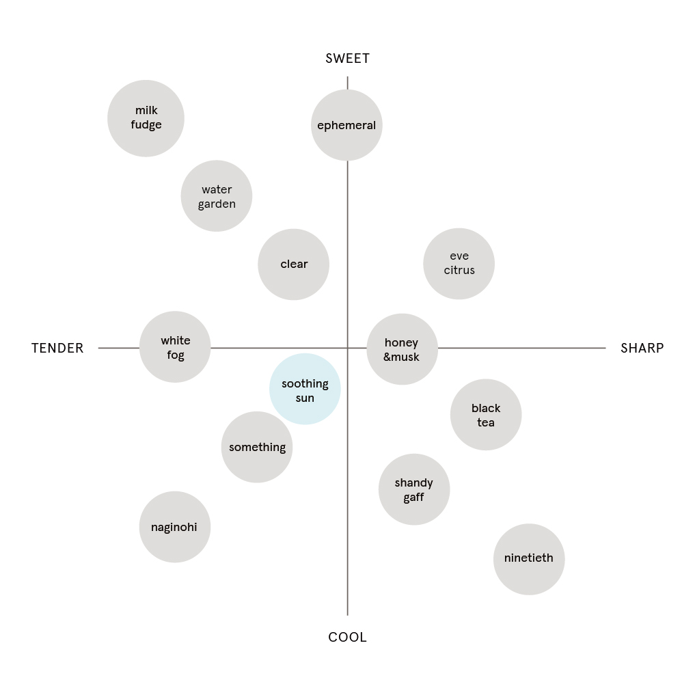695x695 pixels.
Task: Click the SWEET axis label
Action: coord(347,59)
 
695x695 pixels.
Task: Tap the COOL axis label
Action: coord(347,638)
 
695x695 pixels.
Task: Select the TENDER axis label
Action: coord(57,349)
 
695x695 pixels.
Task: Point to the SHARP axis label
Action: coord(642,349)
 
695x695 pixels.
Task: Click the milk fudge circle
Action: coord(146,118)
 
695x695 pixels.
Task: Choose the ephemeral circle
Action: coord(346,125)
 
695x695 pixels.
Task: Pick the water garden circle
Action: coord(217,196)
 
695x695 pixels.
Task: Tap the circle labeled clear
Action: coord(293,264)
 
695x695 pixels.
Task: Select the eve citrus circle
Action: coord(459,264)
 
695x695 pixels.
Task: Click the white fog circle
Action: coord(175,346)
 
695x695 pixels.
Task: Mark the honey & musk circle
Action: coord(402,349)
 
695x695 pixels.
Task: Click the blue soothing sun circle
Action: coord(305,389)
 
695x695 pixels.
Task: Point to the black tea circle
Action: coord(486,414)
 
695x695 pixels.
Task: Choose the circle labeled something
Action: coord(257,447)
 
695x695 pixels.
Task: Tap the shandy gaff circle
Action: coord(414,489)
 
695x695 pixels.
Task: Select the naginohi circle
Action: coord(175,527)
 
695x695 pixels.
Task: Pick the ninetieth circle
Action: coord(529,560)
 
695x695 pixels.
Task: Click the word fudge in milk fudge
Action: coord(146,125)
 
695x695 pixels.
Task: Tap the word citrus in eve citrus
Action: coord(459,271)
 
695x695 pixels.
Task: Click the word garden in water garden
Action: coord(217,204)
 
